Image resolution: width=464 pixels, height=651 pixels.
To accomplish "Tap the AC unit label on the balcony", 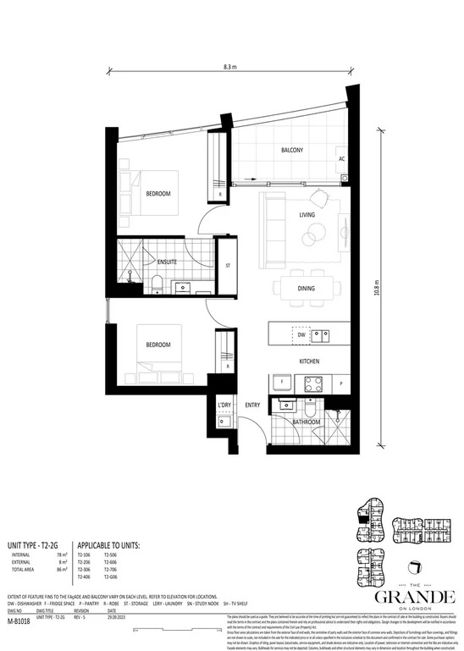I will pyautogui.click(x=341, y=159).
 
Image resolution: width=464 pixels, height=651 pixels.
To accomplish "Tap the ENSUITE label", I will pyautogui.click(x=167, y=262).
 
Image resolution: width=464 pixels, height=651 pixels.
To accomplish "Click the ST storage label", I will pyautogui.click(x=227, y=266).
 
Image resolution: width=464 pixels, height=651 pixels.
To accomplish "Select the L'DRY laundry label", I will pyautogui.click(x=224, y=405).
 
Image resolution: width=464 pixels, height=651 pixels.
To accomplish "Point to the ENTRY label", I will pyautogui.click(x=253, y=405).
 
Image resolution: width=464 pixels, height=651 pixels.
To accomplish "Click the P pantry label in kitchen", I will pyautogui.click(x=340, y=382).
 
